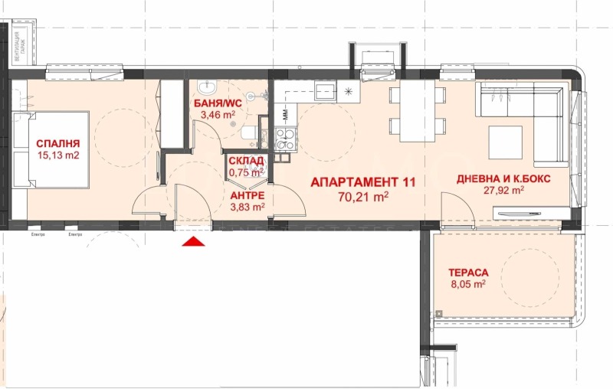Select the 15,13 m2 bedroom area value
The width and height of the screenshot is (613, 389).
click(x=57, y=155)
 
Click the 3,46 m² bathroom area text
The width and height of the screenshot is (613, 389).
click(x=218, y=116)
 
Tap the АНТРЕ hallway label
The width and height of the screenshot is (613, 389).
click(x=247, y=195)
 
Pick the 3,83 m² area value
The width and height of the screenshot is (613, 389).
click(x=247, y=206)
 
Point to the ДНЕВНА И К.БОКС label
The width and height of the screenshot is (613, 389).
click(x=503, y=178)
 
